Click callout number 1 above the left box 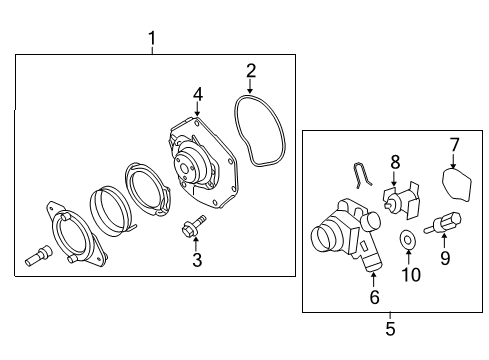click(x=152, y=39)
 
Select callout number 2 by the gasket click(x=251, y=70)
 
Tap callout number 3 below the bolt click(x=197, y=261)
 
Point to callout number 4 click(x=198, y=94)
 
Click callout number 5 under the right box click(x=390, y=327)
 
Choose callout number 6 click(x=373, y=297)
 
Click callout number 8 click(x=395, y=161)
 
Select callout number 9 click(x=445, y=259)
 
